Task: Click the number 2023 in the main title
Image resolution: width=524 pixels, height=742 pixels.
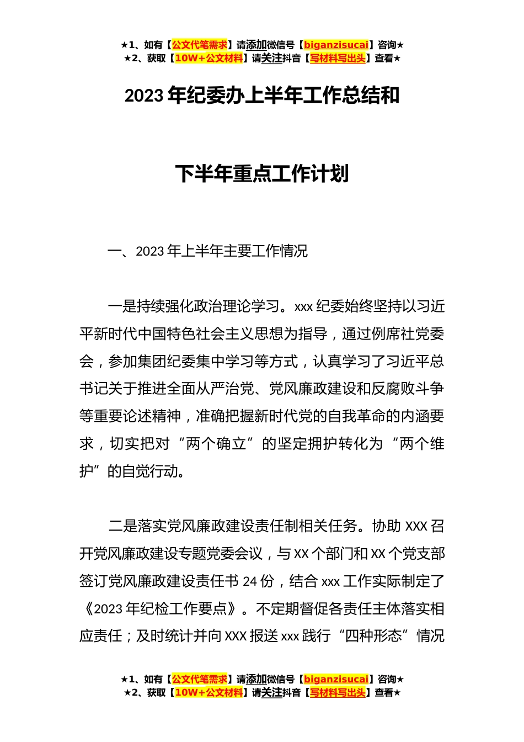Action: (x=144, y=96)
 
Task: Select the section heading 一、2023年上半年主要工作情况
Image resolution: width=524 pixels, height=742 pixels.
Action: (x=207, y=252)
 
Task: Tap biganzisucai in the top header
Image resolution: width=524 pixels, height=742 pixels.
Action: (x=336, y=45)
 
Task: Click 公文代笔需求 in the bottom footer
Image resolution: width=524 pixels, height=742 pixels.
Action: (x=200, y=680)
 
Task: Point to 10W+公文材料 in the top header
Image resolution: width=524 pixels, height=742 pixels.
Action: (x=208, y=59)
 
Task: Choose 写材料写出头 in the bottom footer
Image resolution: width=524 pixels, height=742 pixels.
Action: (x=338, y=693)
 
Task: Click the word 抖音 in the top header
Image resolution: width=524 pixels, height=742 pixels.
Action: (x=292, y=59)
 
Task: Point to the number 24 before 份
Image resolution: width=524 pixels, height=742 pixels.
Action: (x=250, y=581)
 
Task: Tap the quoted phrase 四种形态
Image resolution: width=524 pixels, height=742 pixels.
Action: (x=373, y=636)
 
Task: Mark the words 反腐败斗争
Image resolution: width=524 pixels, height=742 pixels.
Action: (x=408, y=389)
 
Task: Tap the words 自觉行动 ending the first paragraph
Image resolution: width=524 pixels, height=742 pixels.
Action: (x=150, y=471)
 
